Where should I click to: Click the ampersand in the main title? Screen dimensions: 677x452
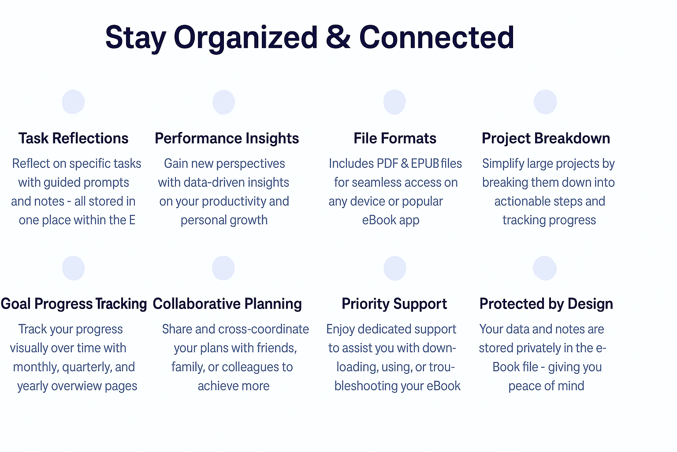[338, 37]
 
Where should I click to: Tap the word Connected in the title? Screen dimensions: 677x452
[437, 37]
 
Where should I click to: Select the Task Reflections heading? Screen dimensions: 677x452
[74, 138]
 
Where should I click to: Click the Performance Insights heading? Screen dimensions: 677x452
[227, 139]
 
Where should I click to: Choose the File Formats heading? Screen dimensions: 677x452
[395, 138]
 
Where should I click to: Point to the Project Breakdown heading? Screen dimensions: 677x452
[546, 139]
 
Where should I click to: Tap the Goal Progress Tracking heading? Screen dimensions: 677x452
[74, 304]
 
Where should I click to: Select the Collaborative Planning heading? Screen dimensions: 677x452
[227, 304]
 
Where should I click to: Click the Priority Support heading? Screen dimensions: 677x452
[394, 304]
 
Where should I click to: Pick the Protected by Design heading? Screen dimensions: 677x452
[546, 304]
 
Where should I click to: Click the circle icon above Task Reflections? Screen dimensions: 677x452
[74, 102]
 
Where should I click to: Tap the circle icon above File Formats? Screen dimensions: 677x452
[394, 102]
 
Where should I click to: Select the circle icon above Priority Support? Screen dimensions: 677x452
[395, 268]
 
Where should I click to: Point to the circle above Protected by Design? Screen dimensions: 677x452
[545, 268]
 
